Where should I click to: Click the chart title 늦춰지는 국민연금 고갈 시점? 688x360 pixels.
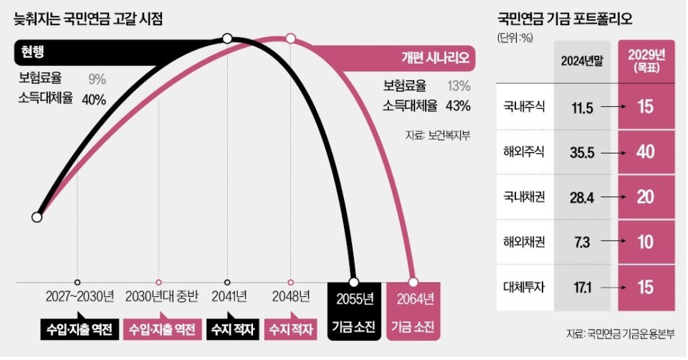[x=88, y=19]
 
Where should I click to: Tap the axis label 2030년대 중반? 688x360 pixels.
[x=158, y=297]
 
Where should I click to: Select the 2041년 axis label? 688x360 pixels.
[x=227, y=297]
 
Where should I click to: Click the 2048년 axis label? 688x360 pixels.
[x=290, y=297]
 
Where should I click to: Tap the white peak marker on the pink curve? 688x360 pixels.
[x=290, y=38]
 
